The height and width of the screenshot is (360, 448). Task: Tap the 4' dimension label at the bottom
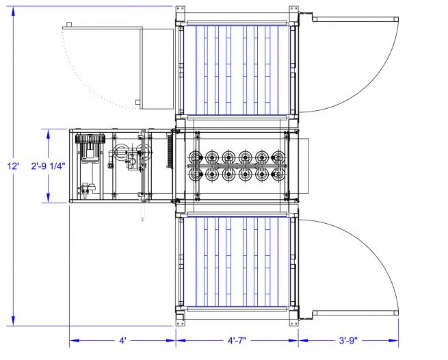tap(122, 339)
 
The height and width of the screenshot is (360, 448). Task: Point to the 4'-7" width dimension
tap(237, 339)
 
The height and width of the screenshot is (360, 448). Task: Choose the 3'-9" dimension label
tap(349, 339)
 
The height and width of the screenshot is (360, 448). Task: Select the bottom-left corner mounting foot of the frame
tap(180, 319)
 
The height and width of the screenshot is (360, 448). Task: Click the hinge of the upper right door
tap(308, 16)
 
